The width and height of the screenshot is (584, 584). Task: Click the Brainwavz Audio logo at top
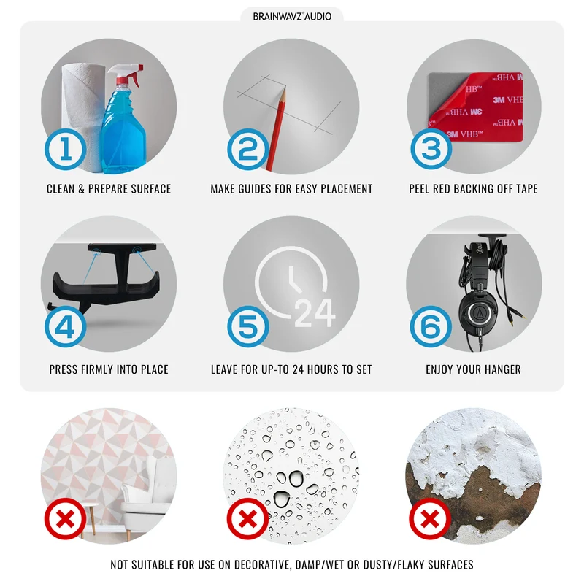point(292,16)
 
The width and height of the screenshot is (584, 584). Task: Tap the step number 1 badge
point(65,149)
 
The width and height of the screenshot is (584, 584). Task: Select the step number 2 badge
point(247,149)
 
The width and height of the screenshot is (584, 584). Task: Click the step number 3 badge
point(431,149)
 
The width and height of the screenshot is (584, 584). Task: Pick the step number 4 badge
point(65,326)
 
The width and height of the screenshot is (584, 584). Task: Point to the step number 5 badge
point(247,326)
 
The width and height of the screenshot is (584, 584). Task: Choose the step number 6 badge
point(431,326)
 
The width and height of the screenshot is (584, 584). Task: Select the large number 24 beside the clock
point(315,313)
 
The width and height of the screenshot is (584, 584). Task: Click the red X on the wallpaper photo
point(65,519)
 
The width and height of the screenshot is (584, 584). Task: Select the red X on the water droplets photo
point(247,519)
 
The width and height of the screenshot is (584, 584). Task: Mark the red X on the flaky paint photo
point(430,519)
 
